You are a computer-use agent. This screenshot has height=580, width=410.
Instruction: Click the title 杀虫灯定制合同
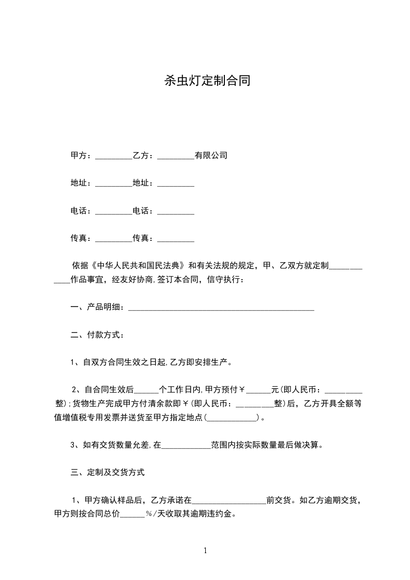207,81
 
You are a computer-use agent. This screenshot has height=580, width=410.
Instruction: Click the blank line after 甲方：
114,156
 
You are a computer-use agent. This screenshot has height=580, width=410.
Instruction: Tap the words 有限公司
211,156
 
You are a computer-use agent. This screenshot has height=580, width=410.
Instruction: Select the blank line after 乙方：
175,156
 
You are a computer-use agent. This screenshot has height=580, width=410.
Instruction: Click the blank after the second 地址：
175,184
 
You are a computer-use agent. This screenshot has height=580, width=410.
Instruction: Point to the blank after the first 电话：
114,211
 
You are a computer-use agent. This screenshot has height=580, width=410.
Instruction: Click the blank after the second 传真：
175,239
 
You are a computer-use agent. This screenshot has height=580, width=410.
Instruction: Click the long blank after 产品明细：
221,308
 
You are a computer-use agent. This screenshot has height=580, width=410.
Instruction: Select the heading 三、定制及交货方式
108,472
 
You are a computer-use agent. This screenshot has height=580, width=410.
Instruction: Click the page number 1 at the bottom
205,551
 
